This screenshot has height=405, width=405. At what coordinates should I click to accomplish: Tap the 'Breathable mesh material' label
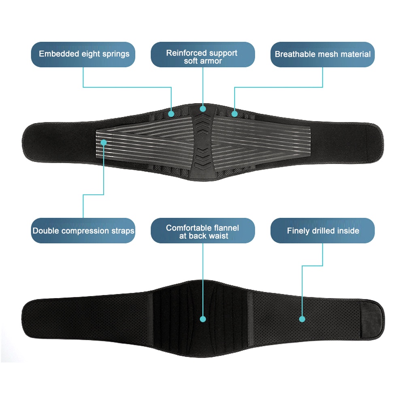[x=322, y=54]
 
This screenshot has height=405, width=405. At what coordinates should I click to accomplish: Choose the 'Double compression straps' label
[x=83, y=231]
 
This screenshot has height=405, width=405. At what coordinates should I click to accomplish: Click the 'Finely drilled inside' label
[x=322, y=231]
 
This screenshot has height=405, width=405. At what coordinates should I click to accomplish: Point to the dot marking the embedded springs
[x=171, y=114]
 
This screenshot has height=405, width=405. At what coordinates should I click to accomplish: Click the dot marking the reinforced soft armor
[x=203, y=109]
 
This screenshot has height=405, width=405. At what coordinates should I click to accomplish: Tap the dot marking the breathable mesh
[x=234, y=114]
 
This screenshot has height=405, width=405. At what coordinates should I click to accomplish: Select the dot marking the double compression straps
[x=104, y=143]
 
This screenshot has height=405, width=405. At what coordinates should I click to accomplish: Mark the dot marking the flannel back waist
[x=203, y=319]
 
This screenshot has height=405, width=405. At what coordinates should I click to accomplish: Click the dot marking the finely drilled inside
[x=302, y=319]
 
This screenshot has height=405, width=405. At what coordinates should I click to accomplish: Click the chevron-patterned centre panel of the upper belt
[x=202, y=140]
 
